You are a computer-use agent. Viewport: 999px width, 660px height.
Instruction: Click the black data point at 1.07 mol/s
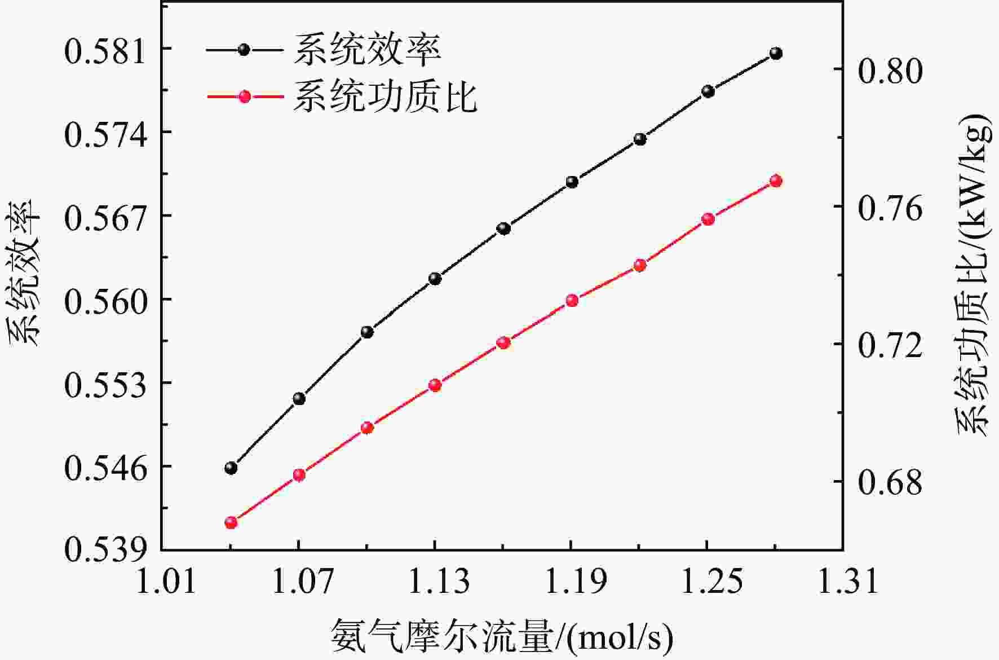point(299,399)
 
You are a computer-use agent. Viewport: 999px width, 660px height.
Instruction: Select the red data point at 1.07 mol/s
point(299,475)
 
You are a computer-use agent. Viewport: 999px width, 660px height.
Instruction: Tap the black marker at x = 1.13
point(435,279)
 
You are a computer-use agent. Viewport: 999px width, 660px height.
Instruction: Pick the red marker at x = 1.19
point(572,301)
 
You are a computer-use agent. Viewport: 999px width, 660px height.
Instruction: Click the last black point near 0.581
point(776,54)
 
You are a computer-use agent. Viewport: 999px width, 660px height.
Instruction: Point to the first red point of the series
point(231,523)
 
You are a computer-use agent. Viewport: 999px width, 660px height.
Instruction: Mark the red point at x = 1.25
point(708,219)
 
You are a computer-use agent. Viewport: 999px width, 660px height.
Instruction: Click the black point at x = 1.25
point(708,91)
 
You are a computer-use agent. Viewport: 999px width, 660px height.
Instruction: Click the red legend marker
point(244,96)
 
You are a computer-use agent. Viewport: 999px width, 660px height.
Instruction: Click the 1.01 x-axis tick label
point(166,581)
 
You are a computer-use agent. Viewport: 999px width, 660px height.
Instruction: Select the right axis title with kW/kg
point(973,275)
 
